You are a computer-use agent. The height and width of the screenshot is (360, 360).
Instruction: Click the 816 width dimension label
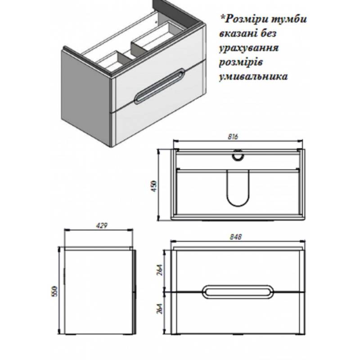point(233,137)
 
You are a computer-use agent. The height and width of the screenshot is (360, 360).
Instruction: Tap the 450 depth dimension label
point(154,186)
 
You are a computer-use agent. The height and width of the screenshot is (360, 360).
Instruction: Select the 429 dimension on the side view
point(102,226)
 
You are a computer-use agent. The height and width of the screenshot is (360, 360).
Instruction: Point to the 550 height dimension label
point(54,291)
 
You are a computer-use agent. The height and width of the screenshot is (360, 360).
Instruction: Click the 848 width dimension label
point(236,237)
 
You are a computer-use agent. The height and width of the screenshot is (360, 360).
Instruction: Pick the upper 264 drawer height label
point(160,270)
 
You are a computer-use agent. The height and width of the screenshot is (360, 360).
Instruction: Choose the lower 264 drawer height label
point(160,308)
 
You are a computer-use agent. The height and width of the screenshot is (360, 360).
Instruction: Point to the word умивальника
point(253,76)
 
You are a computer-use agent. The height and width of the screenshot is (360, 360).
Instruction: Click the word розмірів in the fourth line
point(241,63)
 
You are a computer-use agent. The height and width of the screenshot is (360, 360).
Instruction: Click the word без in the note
point(268,33)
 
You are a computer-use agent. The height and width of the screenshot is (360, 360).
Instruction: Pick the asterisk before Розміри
point(222,18)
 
